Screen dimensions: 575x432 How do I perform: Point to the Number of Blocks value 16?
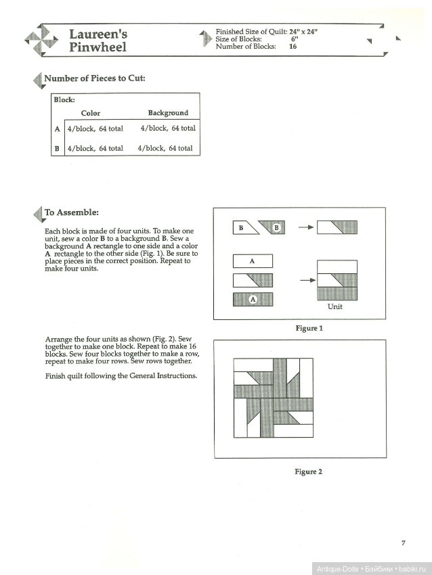293,47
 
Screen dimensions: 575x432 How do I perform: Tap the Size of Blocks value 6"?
294,40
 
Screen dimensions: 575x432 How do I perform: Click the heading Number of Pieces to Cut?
94,78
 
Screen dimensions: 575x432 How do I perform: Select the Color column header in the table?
91,113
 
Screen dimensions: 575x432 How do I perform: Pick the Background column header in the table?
168,113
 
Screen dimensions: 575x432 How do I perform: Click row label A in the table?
58,129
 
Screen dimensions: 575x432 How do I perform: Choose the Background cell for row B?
165,148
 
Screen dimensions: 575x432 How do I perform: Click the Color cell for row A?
95,129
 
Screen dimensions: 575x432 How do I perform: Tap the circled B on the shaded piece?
276,228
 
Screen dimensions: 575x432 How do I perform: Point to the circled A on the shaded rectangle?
252,298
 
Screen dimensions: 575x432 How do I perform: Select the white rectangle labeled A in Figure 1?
252,260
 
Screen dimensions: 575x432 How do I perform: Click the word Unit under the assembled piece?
334,306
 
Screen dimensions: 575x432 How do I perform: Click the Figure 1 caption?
309,328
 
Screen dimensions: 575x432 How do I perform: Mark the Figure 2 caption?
309,471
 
